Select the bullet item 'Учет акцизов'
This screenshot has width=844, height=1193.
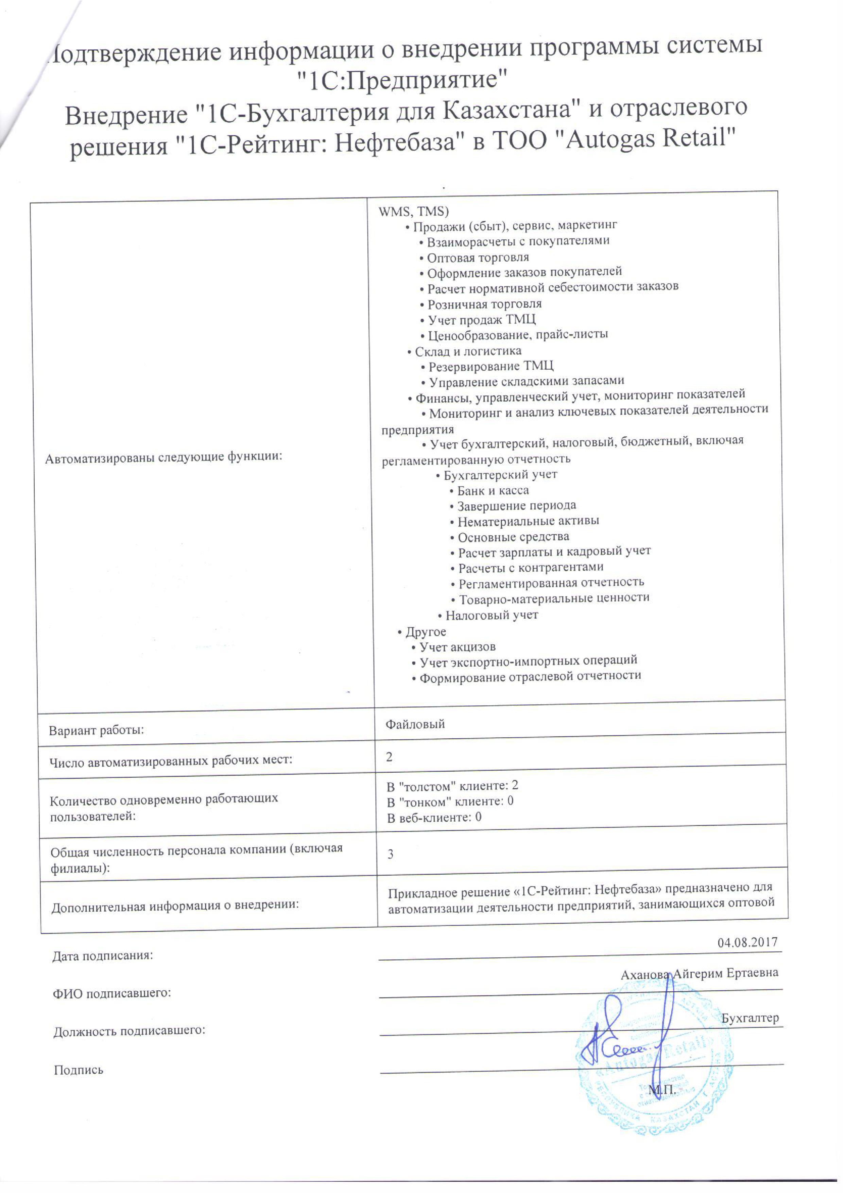click(x=457, y=647)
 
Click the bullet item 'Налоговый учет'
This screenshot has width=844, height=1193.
click(x=491, y=615)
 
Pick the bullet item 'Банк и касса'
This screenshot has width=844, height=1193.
click(x=492, y=490)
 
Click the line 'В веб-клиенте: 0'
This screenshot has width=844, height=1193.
click(x=434, y=817)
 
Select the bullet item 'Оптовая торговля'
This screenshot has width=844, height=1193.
click(x=477, y=257)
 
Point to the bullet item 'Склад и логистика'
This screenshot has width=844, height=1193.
click(x=467, y=351)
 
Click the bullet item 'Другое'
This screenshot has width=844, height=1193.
click(x=425, y=632)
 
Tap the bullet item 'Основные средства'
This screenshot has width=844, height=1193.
click(x=513, y=536)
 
